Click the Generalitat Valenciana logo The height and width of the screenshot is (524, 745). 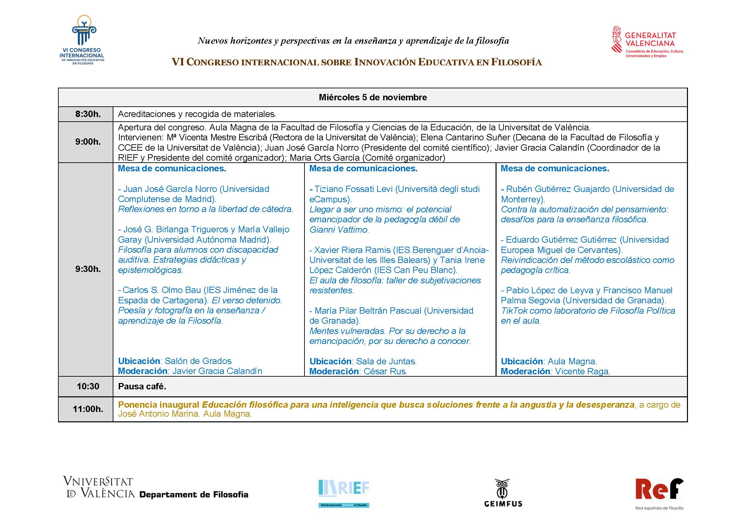(647, 42)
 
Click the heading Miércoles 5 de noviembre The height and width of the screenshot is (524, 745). (372, 97)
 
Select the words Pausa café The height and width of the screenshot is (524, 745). (142, 386)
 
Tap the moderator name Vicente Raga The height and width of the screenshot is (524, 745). (582, 371)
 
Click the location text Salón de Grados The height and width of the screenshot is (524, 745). (198, 361)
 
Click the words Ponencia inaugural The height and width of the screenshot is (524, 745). (158, 405)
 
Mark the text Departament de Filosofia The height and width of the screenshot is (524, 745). (194, 495)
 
